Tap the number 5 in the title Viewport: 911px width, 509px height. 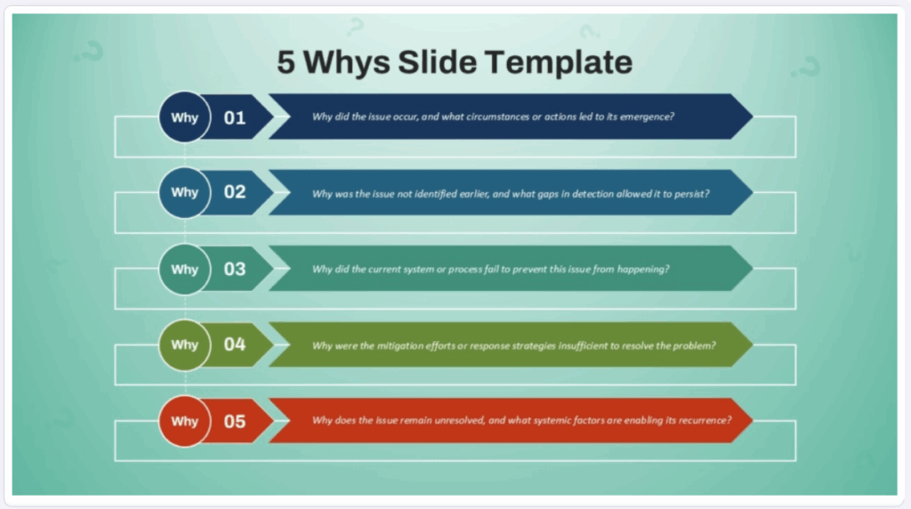(286, 62)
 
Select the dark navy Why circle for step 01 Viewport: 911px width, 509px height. (185, 117)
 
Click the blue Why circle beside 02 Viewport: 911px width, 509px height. (185, 192)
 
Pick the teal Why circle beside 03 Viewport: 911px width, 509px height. (185, 269)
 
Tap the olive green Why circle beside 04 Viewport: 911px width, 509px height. (185, 344)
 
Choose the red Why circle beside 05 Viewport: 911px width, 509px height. (185, 421)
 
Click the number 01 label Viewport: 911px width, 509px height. (235, 117)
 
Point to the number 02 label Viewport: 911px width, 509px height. (235, 193)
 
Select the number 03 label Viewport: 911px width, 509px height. (235, 269)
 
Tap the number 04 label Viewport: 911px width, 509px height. (235, 344)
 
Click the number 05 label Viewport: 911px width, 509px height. (235, 421)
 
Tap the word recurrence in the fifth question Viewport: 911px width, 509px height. (705, 421)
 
